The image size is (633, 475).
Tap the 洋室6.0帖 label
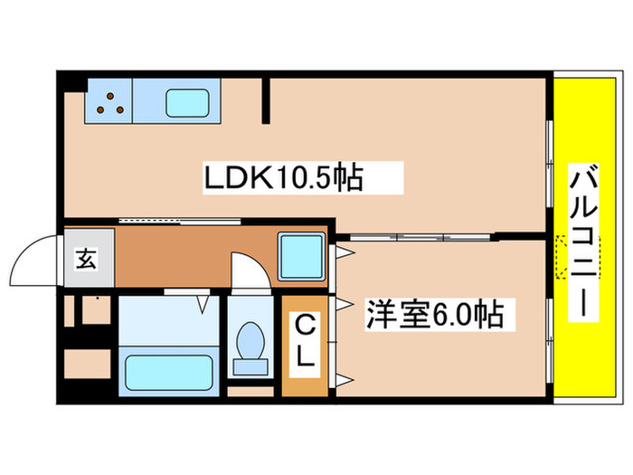point(434,317)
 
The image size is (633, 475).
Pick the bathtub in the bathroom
point(170,371)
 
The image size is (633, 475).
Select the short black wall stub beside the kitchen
point(267,100)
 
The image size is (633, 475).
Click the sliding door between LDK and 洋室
point(420,237)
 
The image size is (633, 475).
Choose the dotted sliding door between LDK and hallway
point(172,220)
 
